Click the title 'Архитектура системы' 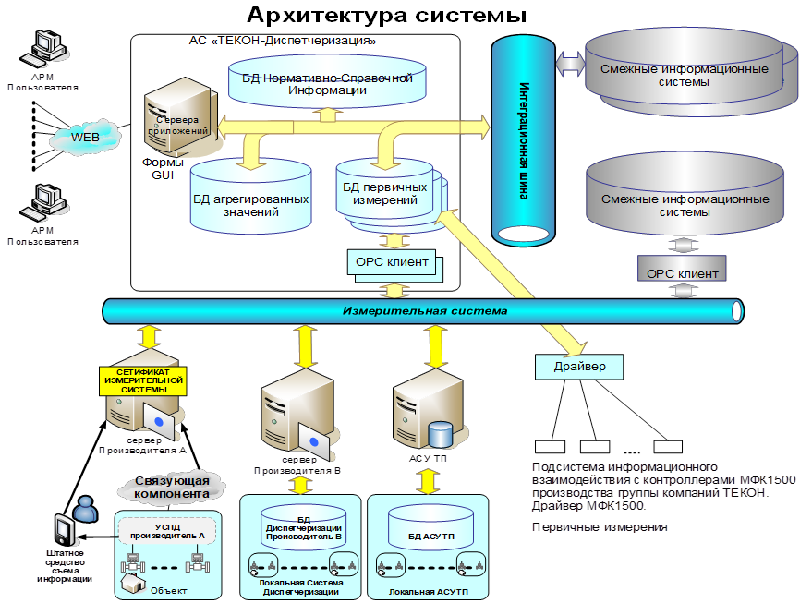(x=386, y=15)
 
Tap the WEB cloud (x=85, y=139)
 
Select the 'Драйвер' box (x=579, y=368)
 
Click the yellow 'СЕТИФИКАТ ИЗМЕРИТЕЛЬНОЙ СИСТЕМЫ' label (x=141, y=380)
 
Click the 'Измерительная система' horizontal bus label (x=424, y=311)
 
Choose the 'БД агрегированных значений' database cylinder (x=248, y=197)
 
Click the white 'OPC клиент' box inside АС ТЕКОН (x=392, y=262)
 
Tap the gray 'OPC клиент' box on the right (x=682, y=273)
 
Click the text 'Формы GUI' (x=163, y=169)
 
